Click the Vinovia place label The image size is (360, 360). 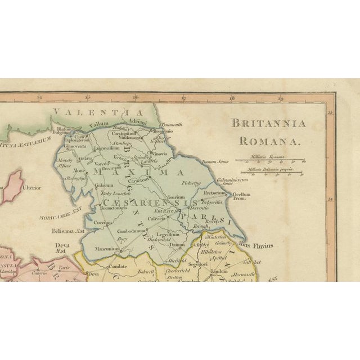[170, 153]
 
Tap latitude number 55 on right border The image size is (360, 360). [331, 112]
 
